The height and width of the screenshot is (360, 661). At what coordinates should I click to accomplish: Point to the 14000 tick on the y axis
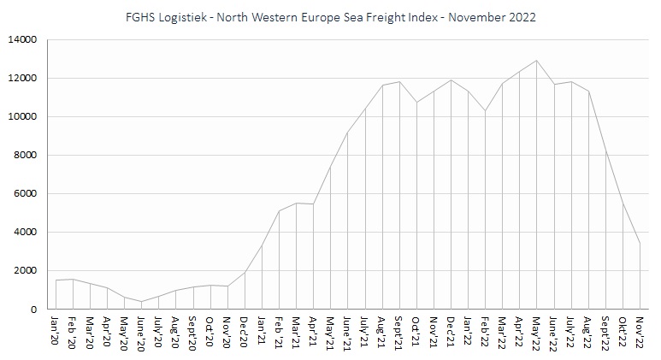click(x=22, y=39)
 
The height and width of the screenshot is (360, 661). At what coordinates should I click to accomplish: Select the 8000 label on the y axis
click(x=26, y=155)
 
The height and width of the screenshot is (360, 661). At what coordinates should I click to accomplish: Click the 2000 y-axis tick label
click(x=26, y=270)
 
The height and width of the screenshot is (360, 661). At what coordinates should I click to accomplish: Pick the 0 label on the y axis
click(x=35, y=309)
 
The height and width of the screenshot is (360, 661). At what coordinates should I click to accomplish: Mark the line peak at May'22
click(x=536, y=60)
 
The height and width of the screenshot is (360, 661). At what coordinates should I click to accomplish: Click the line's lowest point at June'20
click(x=142, y=301)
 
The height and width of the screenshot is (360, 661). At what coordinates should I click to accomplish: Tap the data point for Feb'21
click(x=280, y=210)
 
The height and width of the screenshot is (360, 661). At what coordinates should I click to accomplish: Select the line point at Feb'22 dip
click(x=485, y=111)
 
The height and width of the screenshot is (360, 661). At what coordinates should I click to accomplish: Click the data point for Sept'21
click(x=399, y=81)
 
